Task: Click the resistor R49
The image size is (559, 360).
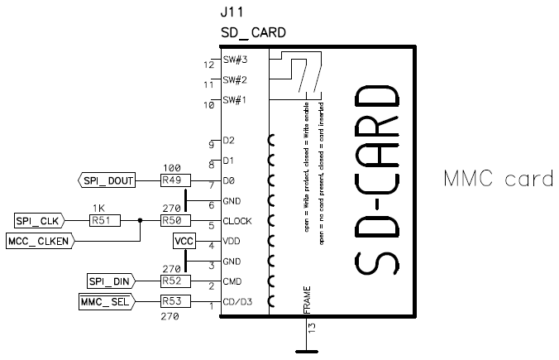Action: pyautogui.click(x=174, y=180)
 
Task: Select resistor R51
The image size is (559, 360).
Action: pyautogui.click(x=104, y=221)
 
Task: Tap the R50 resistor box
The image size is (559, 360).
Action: pyautogui.click(x=174, y=221)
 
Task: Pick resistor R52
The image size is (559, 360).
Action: pyautogui.click(x=174, y=282)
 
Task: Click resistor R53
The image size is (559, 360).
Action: pyautogui.click(x=174, y=301)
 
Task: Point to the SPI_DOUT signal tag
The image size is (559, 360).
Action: pyautogui.click(x=107, y=180)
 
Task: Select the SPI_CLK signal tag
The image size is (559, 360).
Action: pyautogui.click(x=39, y=221)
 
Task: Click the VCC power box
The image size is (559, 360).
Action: pyautogui.click(x=184, y=241)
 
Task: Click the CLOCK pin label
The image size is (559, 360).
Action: pyautogui.click(x=237, y=221)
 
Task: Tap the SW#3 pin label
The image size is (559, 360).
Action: pyautogui.click(x=234, y=60)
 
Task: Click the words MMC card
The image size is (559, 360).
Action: pyautogui.click(x=498, y=179)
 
